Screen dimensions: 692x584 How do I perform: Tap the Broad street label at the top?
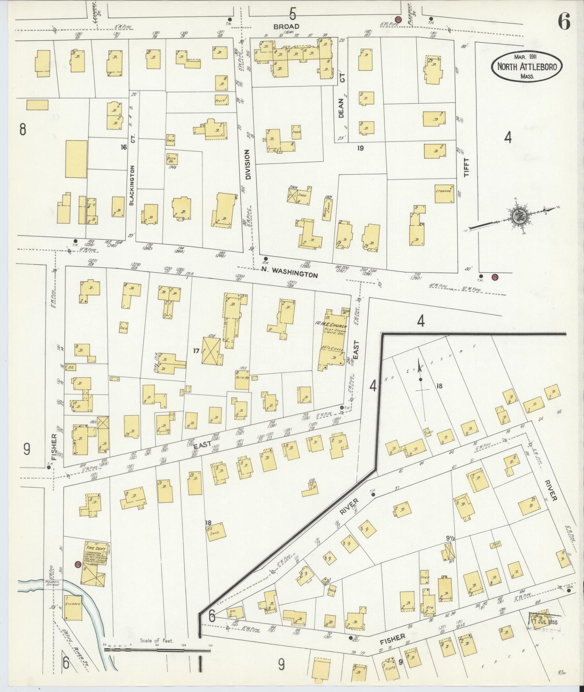(x=286, y=26)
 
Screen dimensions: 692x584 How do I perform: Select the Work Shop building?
(x=326, y=208)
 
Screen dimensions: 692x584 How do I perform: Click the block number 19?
(x=360, y=148)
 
